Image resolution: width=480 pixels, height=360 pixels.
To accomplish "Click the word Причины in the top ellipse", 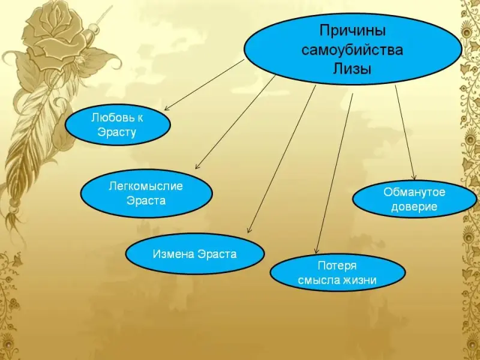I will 352,29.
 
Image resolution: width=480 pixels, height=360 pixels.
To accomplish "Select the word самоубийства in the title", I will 352,49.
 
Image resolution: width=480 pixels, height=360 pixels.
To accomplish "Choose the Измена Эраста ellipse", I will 194,254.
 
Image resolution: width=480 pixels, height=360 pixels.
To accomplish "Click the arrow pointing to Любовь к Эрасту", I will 204,85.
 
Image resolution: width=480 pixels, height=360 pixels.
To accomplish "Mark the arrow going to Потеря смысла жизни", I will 334,174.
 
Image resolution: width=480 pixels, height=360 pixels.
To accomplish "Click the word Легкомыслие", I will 146,186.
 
